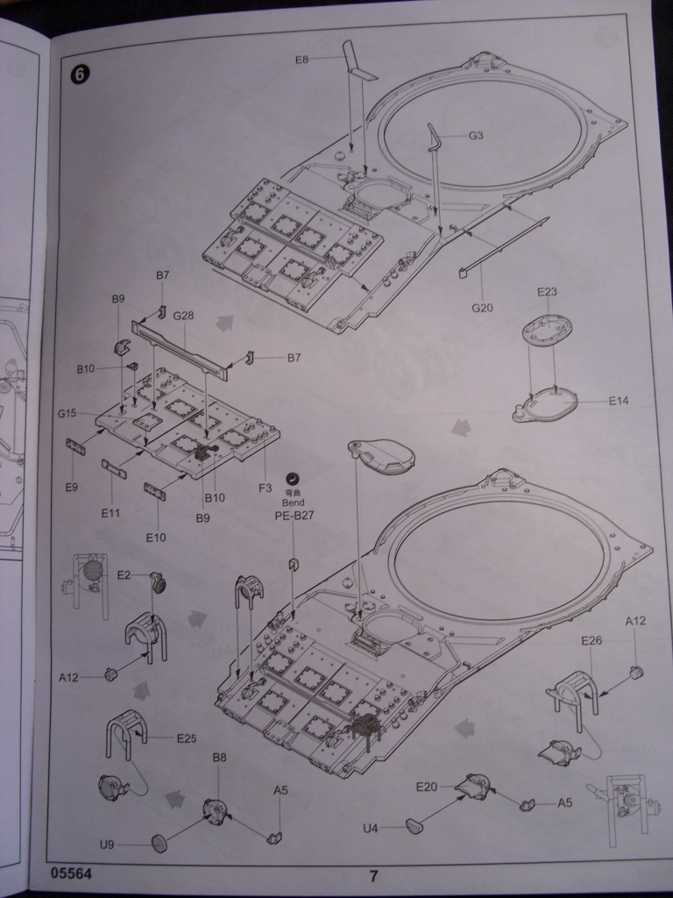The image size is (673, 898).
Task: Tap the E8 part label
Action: (x=301, y=60)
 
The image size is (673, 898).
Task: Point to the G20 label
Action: (x=483, y=308)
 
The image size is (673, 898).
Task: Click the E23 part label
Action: (x=547, y=292)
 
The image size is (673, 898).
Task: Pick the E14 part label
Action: (x=620, y=401)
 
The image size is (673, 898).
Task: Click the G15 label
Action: (x=68, y=413)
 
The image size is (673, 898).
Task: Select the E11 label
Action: (x=110, y=513)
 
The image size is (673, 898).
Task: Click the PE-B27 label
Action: (x=294, y=516)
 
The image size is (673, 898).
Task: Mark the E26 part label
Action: (x=592, y=641)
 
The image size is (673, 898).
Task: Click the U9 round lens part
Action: (x=160, y=843)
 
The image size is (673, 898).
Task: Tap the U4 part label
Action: (x=371, y=828)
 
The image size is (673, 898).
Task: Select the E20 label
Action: (x=426, y=787)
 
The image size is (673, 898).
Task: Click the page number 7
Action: (x=373, y=875)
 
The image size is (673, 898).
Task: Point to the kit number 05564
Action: (x=71, y=874)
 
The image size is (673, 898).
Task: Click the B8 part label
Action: (x=219, y=757)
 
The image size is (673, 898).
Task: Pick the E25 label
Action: (x=186, y=738)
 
